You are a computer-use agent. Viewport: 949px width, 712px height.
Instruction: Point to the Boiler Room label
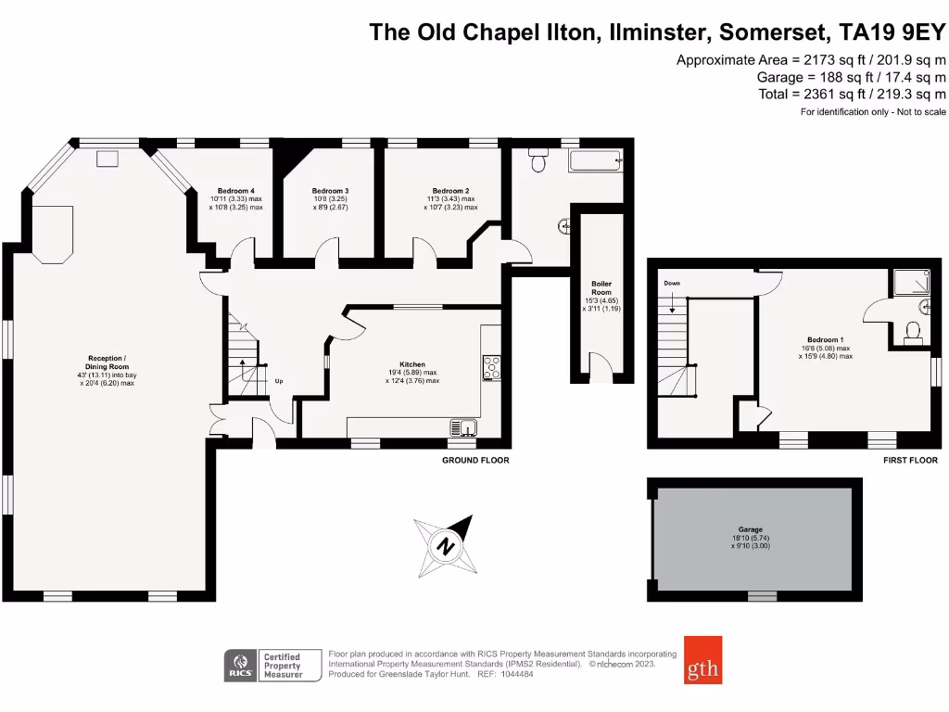click(x=601, y=284)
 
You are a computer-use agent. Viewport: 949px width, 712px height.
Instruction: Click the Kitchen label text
click(x=412, y=365)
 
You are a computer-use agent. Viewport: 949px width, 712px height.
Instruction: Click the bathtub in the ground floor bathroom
click(x=596, y=162)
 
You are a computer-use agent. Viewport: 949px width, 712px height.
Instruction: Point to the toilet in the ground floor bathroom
click(x=538, y=163)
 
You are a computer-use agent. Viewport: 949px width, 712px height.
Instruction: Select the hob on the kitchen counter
click(x=490, y=367)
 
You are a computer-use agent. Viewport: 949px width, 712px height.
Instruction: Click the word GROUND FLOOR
click(x=475, y=460)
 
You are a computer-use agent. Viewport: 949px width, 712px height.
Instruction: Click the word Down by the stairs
click(x=672, y=282)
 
